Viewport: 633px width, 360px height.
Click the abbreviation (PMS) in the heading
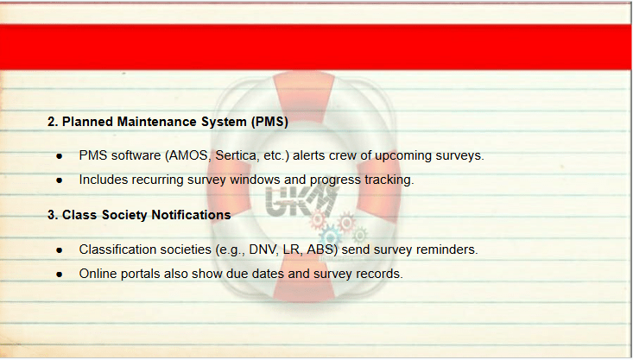[x=269, y=122]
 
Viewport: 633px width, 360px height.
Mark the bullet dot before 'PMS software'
[x=60, y=156]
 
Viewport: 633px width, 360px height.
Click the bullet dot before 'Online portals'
[x=60, y=275]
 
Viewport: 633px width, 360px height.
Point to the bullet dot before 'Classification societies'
[x=60, y=250]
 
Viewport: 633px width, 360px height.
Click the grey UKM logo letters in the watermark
[x=301, y=201]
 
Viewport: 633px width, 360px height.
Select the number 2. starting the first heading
[x=53, y=122]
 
